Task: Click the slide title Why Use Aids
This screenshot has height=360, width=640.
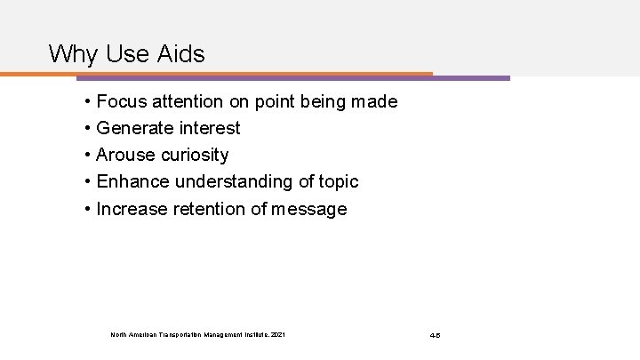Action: point(126,54)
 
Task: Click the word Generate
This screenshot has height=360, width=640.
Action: point(134,129)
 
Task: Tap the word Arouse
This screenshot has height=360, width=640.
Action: point(125,156)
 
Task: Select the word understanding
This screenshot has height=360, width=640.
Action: point(231,182)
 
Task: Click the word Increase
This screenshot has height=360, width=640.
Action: point(130,209)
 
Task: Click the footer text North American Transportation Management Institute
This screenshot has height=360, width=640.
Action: point(198,334)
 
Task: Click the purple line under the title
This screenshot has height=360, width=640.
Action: point(471,78)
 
